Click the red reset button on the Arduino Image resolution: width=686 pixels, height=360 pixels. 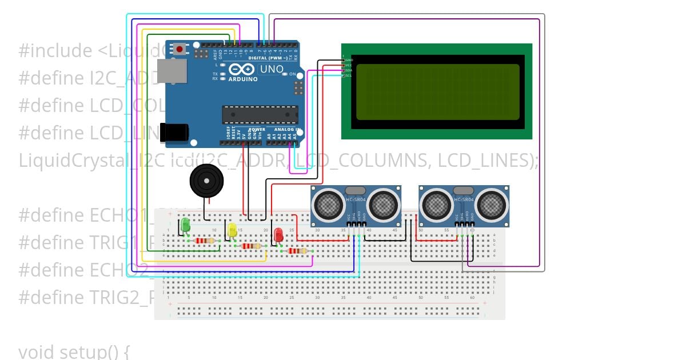pos(180,49)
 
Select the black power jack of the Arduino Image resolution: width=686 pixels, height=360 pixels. pos(173,133)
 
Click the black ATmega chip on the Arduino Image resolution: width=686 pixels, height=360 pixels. pos(260,114)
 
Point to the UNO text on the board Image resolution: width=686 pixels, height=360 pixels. pos(272,69)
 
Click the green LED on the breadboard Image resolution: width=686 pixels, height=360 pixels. pos(185,225)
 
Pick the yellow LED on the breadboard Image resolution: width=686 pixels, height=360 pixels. pos(232,230)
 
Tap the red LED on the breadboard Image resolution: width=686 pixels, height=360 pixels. pos(278,234)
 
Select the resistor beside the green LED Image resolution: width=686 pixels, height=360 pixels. pos(205,241)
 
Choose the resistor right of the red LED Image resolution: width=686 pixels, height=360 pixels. pos(297,250)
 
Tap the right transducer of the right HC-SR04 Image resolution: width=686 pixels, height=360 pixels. pos(490,204)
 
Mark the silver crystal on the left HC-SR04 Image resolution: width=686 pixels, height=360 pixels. pos(355,190)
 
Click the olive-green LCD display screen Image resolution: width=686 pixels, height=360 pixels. pos(437,91)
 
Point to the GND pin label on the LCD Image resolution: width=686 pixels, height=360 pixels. pos(349,60)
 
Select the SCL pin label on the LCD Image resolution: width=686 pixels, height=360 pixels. pos(349,75)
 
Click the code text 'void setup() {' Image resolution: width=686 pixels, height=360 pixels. pos(74,351)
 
